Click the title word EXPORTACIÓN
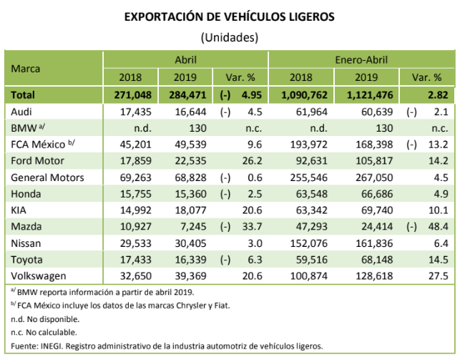tap(161, 15)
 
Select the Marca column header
tap(26, 69)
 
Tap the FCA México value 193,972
tap(309, 145)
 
